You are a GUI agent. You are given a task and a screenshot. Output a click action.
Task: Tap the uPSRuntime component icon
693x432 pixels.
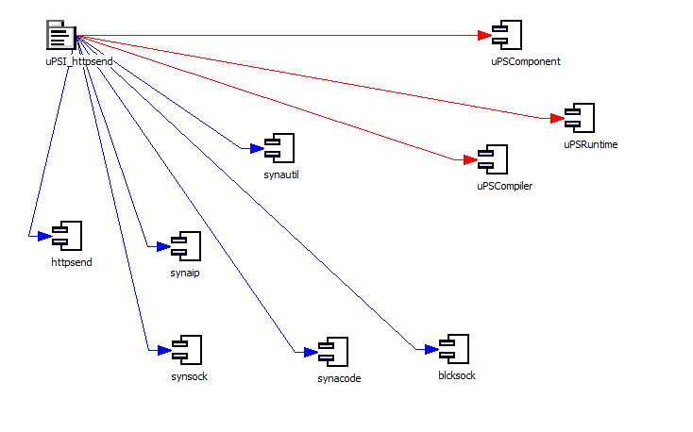(x=578, y=118)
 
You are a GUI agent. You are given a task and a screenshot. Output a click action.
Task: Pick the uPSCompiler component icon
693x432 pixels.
(x=493, y=159)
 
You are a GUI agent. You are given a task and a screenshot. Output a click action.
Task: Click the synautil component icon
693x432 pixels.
(x=280, y=148)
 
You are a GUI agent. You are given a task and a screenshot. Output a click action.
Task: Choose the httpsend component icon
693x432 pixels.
(x=67, y=236)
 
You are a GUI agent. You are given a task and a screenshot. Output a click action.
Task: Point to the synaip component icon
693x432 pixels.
(x=185, y=246)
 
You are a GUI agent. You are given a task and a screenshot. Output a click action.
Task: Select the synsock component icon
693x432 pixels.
(x=185, y=350)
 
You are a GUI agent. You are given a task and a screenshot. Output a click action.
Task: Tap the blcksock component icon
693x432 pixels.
(x=454, y=349)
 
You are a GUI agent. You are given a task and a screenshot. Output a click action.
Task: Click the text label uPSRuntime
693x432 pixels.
(x=590, y=145)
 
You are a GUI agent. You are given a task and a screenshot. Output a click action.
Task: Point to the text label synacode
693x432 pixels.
(x=339, y=379)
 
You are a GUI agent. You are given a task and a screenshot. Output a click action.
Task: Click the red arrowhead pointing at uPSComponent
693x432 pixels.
(x=484, y=37)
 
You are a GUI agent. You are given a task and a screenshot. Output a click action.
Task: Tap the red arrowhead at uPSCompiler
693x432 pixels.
(x=468, y=160)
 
